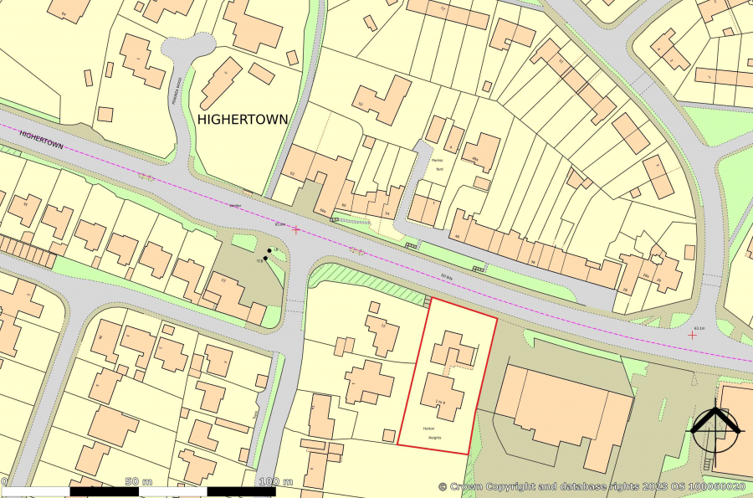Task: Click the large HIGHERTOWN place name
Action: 243,120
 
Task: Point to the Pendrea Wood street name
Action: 179,88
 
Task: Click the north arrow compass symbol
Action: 715,429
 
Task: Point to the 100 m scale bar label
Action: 275,482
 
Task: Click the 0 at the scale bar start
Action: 4,482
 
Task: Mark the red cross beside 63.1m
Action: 692,334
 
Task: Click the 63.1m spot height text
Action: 699,328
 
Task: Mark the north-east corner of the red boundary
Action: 497,318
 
